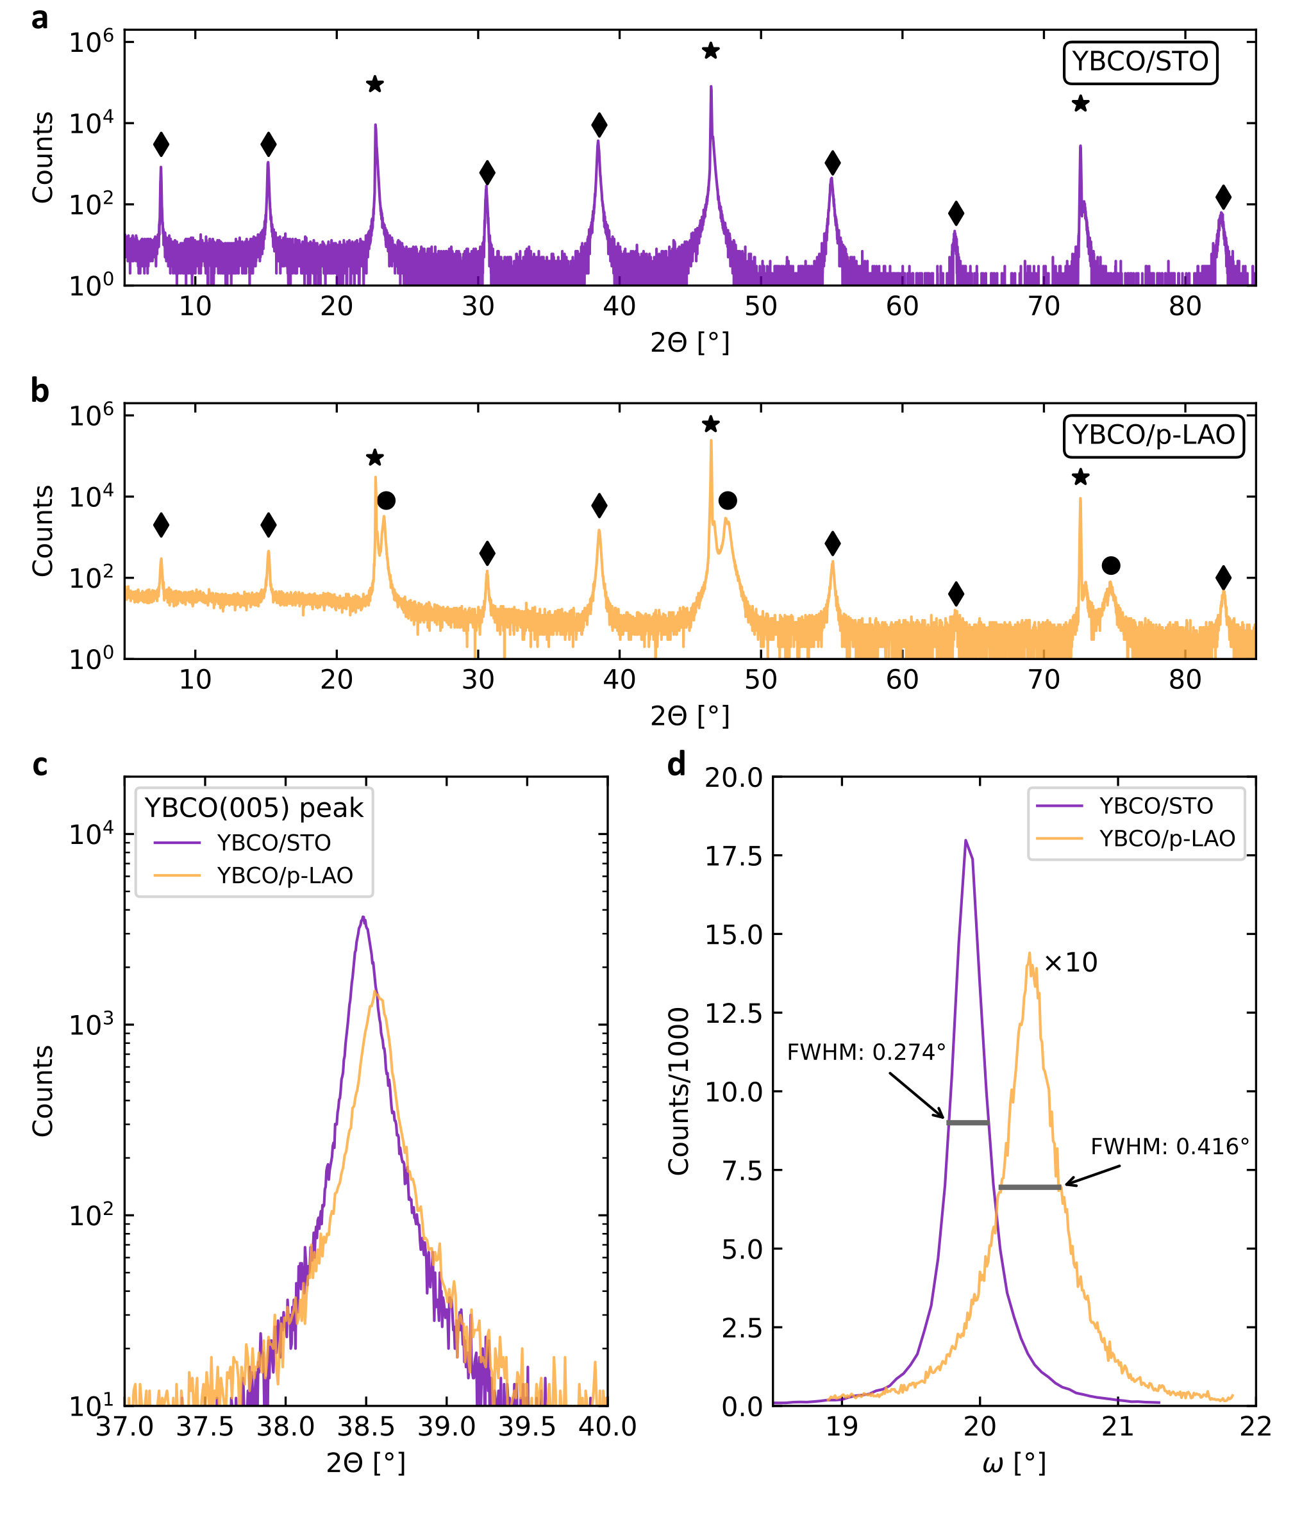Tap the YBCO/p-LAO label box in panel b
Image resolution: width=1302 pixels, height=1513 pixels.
point(1152,436)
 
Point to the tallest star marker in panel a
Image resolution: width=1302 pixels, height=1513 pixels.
point(710,51)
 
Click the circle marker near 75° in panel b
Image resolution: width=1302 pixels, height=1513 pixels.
point(1110,565)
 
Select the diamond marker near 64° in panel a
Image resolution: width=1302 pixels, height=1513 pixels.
point(956,214)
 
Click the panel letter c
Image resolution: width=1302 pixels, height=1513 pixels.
point(40,765)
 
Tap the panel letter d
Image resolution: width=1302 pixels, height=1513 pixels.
point(676,765)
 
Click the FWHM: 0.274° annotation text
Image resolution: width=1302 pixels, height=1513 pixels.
point(866,1052)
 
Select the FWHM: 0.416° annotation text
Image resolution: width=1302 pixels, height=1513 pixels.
point(1169,1147)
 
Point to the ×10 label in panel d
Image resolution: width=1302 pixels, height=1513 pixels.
point(1071,963)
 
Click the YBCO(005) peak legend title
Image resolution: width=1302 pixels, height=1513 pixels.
point(253,808)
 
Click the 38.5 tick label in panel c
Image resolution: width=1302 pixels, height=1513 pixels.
point(365,1426)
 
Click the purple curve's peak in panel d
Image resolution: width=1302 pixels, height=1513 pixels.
point(966,841)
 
